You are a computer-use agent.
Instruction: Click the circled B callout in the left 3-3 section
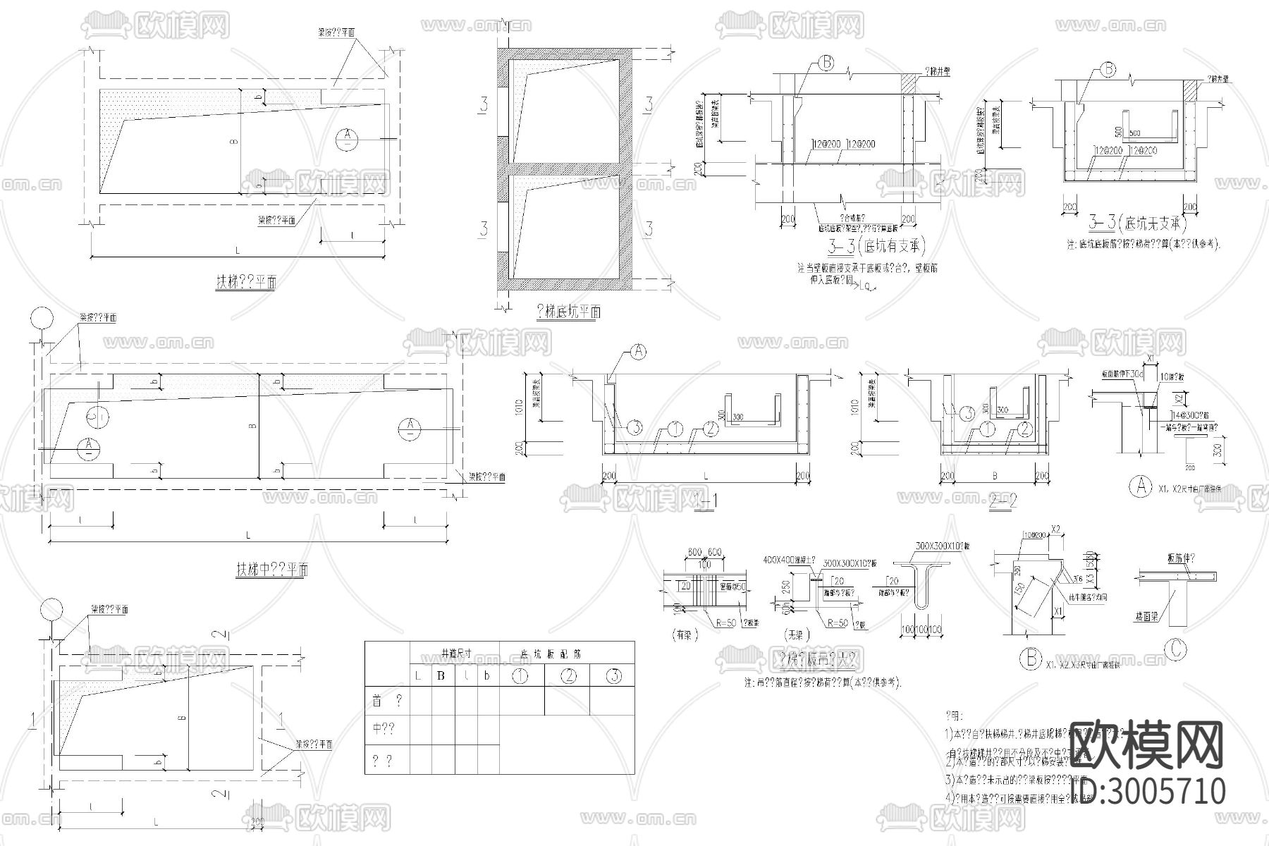tap(826, 63)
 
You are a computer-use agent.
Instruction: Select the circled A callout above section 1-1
tap(637, 352)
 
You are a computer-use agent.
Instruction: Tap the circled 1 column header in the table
tap(520, 676)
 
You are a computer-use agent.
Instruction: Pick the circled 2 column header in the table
tap(568, 676)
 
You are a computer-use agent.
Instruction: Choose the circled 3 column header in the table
tap(614, 676)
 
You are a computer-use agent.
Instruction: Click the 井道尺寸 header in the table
tap(455, 654)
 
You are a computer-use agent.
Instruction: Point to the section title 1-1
tap(705, 502)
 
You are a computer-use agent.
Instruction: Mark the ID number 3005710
tap(1156, 791)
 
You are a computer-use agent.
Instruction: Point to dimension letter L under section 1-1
tap(705, 477)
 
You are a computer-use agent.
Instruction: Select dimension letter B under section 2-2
tap(995, 477)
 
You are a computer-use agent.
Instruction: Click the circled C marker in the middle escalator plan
tap(97, 417)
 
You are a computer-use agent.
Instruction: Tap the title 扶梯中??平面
tap(272, 569)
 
